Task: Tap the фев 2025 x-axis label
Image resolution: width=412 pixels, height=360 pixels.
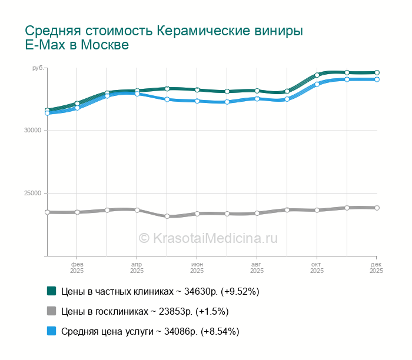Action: tap(77, 268)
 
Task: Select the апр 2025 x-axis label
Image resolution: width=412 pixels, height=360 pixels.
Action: tap(137, 268)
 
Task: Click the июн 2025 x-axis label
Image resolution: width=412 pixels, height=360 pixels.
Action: tap(197, 268)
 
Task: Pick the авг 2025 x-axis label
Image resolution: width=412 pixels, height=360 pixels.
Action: tap(257, 268)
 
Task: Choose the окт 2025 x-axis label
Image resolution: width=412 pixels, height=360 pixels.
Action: tap(317, 268)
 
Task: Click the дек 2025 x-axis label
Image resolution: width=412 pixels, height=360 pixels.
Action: tap(376, 268)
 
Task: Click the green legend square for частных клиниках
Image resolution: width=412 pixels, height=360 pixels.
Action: tap(51, 291)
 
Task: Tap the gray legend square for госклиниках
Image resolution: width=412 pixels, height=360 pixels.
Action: tap(51, 311)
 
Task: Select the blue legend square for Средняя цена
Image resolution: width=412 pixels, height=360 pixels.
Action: tap(51, 331)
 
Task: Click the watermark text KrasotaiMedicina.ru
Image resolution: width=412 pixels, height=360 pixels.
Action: tap(215, 238)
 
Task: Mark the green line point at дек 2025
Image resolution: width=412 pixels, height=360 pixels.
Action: tap(377, 73)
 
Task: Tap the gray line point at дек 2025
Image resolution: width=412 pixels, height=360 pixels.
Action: tap(377, 208)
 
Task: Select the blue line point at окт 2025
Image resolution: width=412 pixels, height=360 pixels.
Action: tap(317, 84)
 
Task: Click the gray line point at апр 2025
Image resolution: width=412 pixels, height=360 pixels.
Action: tap(137, 210)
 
